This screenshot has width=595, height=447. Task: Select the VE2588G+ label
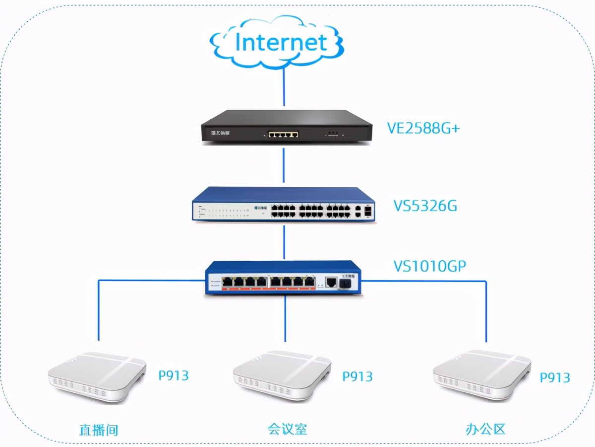[423, 128]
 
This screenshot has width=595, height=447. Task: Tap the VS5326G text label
[425, 205]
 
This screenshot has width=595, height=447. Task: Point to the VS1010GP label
[430, 267]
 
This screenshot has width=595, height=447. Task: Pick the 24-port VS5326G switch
[284, 205]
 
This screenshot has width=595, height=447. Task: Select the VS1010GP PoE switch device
[284, 279]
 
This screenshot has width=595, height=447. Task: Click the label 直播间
[99, 429]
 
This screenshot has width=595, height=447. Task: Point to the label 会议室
[287, 429]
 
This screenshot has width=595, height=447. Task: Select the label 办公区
[485, 429]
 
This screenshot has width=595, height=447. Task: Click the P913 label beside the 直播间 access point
[174, 375]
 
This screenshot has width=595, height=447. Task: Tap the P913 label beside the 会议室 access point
[357, 376]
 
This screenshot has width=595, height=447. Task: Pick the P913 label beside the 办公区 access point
[555, 377]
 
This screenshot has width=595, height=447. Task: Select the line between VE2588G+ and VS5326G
[284, 165]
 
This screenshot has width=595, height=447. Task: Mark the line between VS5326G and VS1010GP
[284, 242]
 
